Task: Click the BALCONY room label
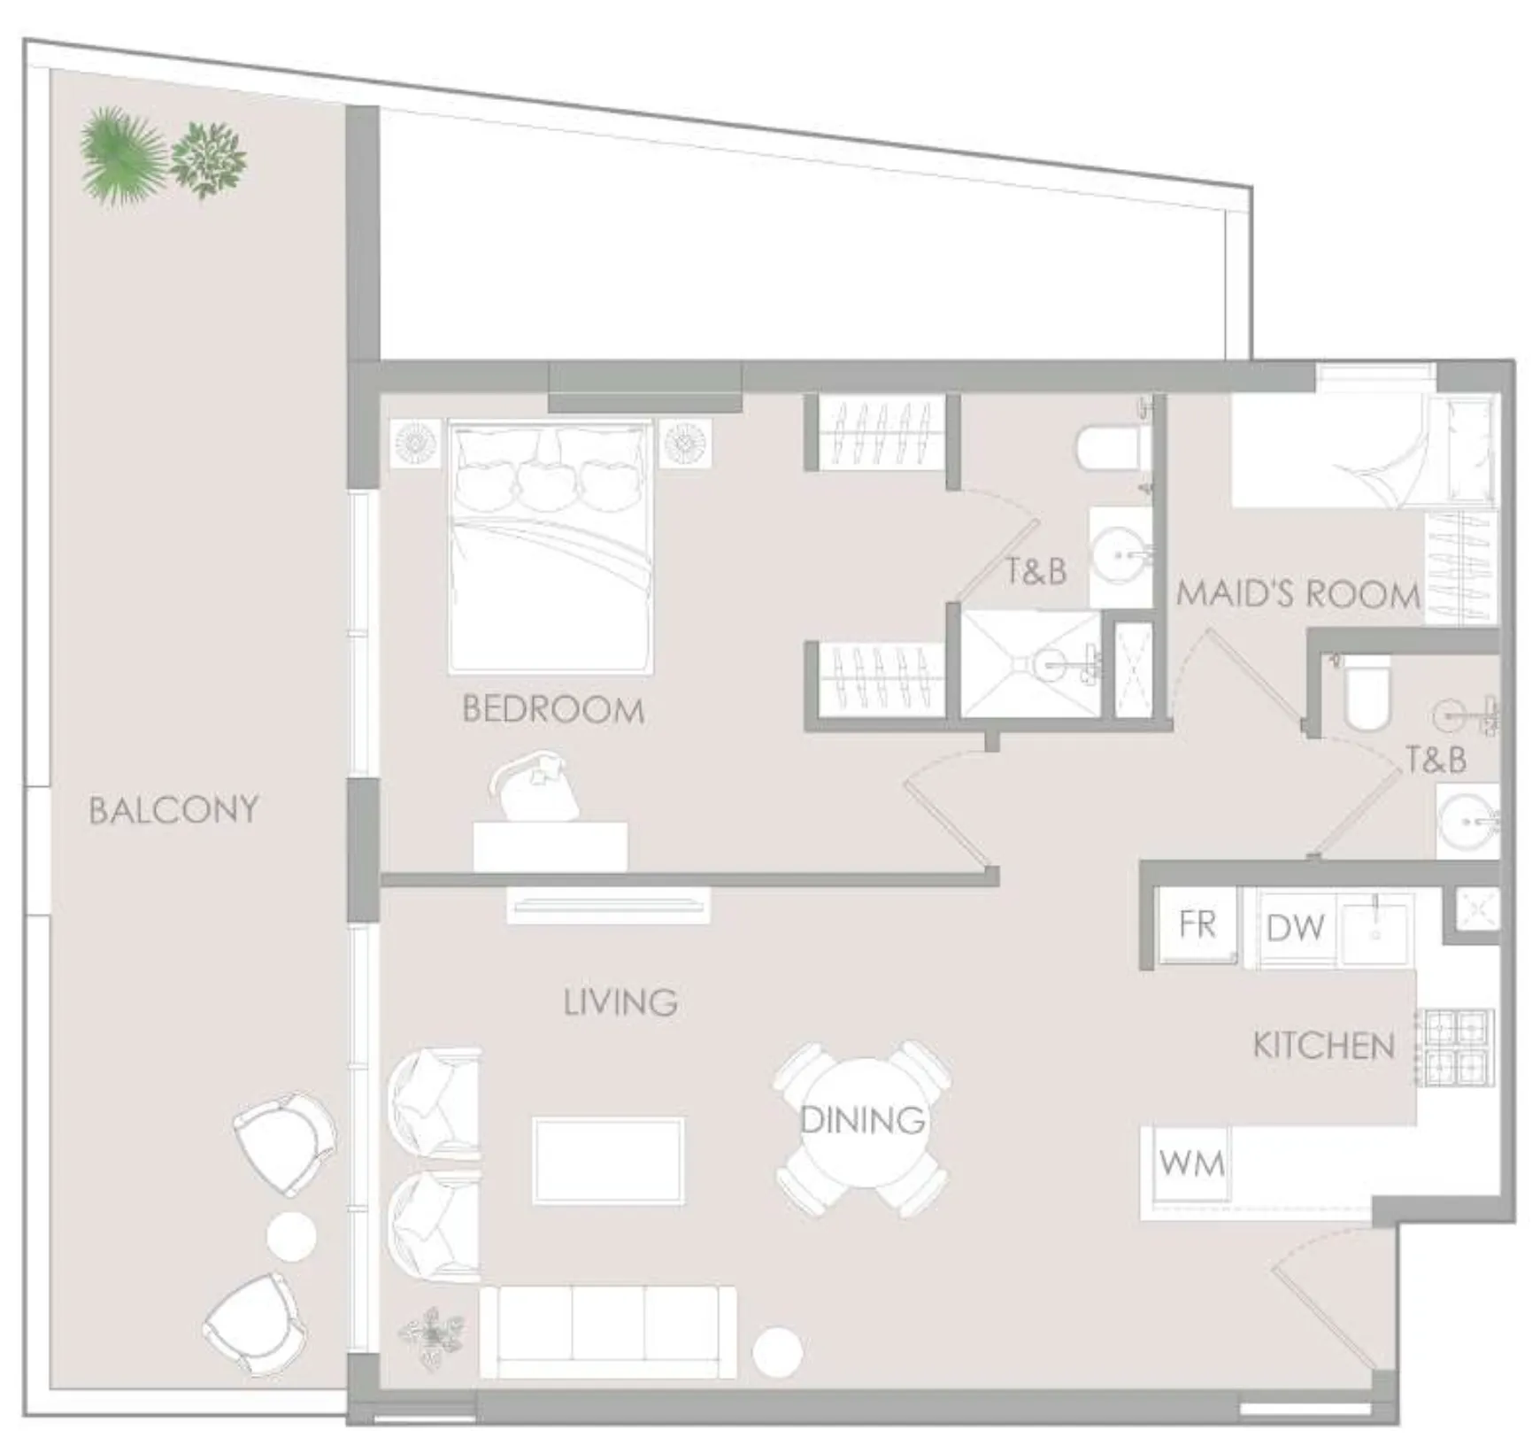[173, 810]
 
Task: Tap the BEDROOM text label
[553, 710]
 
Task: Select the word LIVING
[620, 1002]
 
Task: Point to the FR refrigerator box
[1197, 925]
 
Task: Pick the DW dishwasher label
[1296, 928]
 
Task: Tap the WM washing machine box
[1191, 1163]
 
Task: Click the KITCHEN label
[1323, 1047]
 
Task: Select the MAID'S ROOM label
[1297, 594]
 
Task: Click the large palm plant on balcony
[122, 155]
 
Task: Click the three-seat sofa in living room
[607, 1332]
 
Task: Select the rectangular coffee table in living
[608, 1161]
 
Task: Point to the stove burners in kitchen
[1456, 1047]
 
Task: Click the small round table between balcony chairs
[291, 1236]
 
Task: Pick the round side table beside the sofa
[776, 1352]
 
